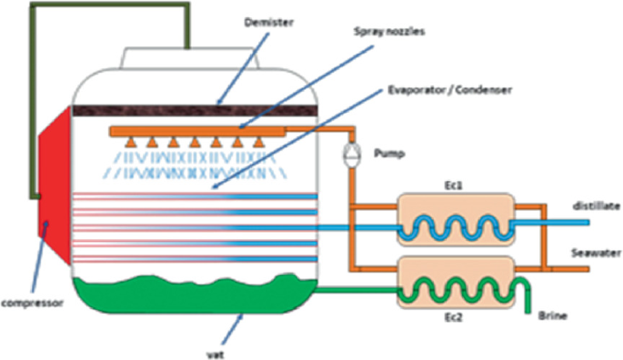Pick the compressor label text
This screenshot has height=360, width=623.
pos(31,305)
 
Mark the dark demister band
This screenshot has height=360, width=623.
pos(182,110)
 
